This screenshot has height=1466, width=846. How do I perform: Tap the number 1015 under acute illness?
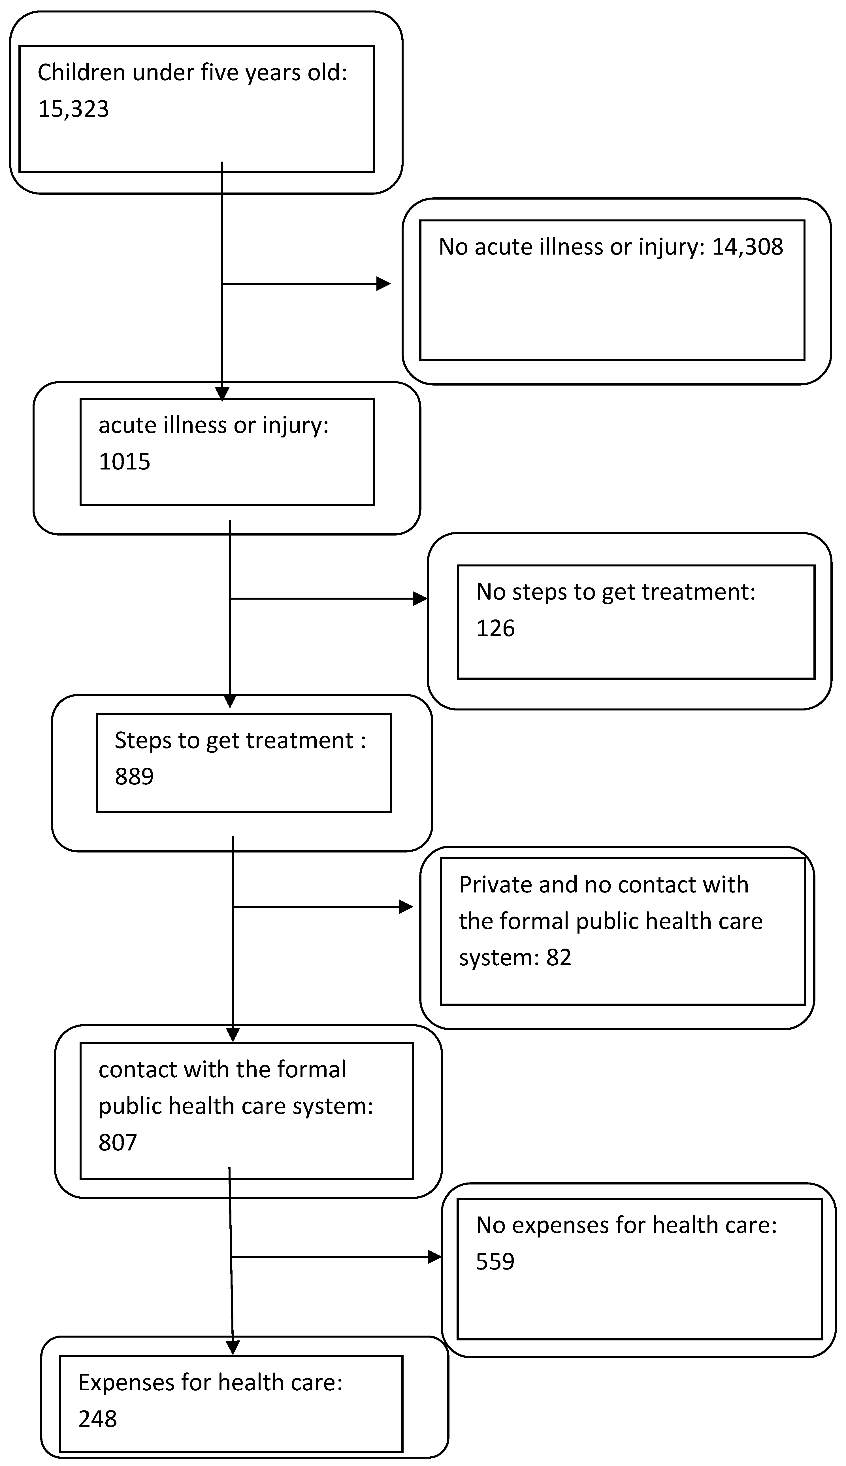[124, 462]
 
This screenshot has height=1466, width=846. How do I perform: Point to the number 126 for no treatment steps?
[495, 629]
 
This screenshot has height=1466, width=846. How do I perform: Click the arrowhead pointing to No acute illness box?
[383, 284]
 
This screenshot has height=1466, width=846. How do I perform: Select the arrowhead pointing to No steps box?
[419, 598]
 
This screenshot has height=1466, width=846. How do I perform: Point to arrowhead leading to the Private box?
[406, 907]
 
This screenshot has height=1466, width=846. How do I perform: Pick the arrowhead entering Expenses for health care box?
[233, 1347]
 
